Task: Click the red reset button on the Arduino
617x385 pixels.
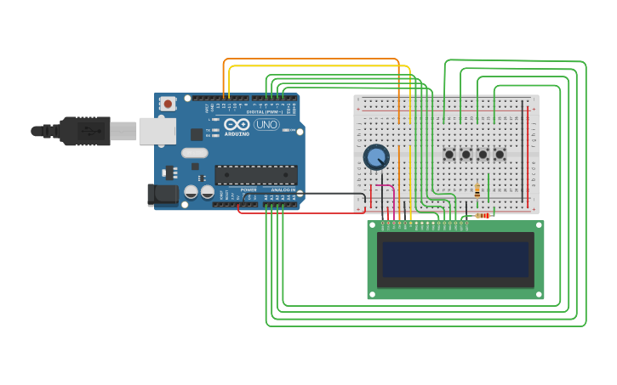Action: pyautogui.click(x=169, y=104)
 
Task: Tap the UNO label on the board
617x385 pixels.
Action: pyautogui.click(x=266, y=124)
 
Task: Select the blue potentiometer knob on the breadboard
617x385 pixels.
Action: pyautogui.click(x=375, y=156)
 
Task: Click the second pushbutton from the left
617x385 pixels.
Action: pyautogui.click(x=466, y=154)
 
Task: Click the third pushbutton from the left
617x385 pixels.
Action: pyautogui.click(x=483, y=154)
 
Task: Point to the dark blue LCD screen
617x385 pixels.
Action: pyautogui.click(x=455, y=259)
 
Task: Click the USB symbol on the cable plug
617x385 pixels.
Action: pyautogui.click(x=88, y=131)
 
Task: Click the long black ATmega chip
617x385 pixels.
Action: pyautogui.click(x=255, y=174)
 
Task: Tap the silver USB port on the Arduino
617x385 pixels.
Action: pyautogui.click(x=157, y=131)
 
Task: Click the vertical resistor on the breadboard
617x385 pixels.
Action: pyautogui.click(x=477, y=190)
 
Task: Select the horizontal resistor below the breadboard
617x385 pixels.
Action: pyautogui.click(x=483, y=216)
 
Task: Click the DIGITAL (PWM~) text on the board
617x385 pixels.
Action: pyautogui.click(x=266, y=111)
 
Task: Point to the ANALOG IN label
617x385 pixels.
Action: pyautogui.click(x=283, y=190)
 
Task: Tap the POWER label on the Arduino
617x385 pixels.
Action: pyautogui.click(x=248, y=190)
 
